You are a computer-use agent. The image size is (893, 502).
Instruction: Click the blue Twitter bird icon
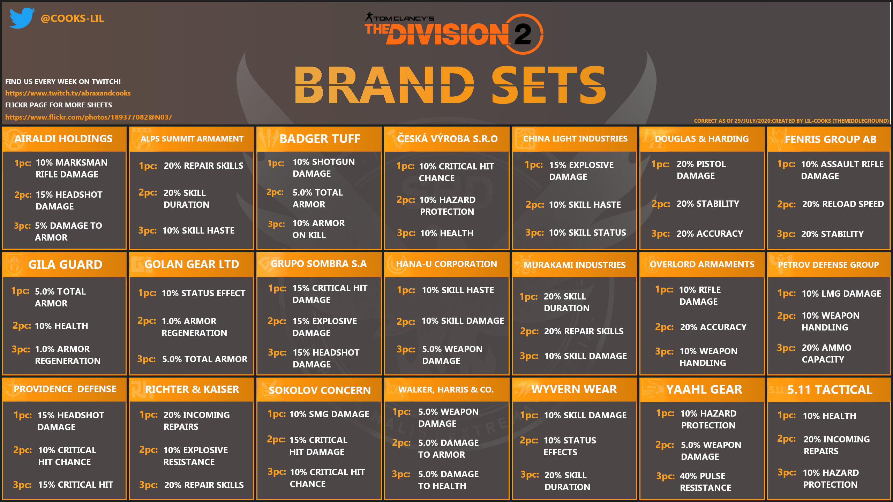22,18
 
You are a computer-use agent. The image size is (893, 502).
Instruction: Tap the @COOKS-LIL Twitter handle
72,18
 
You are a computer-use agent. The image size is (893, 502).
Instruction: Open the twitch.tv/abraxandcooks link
68,93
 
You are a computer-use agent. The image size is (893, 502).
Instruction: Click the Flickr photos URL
89,117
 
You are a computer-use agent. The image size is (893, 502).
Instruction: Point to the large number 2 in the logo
522,34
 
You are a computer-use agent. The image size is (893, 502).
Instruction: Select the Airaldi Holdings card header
63,139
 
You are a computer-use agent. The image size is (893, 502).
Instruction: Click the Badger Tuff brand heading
320,139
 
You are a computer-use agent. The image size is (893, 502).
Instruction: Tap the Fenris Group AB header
831,139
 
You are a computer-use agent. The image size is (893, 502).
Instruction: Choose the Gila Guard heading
65,265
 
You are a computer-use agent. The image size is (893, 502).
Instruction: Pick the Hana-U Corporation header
446,264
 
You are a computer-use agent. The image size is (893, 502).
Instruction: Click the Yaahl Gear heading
704,389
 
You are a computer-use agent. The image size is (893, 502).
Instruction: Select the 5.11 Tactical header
830,390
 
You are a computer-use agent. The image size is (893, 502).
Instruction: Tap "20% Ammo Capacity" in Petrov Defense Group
826,353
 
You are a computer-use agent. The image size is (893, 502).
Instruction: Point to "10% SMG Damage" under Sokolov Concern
329,414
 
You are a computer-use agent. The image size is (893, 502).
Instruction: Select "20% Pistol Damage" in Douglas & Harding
701,170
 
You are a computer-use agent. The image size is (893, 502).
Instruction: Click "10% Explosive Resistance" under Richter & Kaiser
196,456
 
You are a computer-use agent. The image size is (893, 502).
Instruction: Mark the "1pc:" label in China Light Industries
534,165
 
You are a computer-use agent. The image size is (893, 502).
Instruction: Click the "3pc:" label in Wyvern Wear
530,474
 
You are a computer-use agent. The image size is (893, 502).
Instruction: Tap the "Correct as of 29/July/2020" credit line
791,121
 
